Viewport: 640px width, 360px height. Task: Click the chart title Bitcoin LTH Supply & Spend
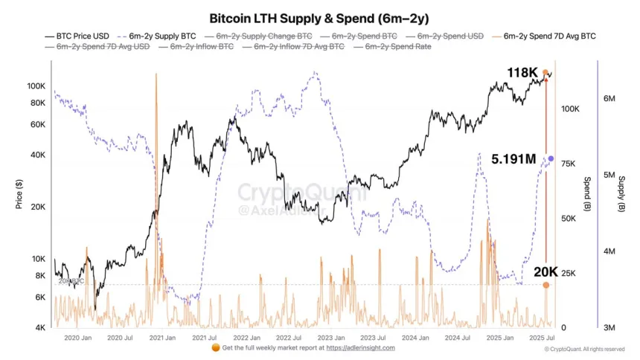click(x=320, y=17)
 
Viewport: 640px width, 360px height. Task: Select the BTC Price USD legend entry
click(x=78, y=35)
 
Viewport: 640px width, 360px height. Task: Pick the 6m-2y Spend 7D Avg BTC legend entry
click(x=549, y=35)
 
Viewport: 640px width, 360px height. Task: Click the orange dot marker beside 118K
click(x=545, y=73)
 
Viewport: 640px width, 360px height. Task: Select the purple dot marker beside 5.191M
click(x=551, y=158)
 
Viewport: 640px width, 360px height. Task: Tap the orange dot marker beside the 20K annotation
click(x=545, y=285)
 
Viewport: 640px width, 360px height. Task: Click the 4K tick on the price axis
click(x=40, y=328)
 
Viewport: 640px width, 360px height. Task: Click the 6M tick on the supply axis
click(x=607, y=99)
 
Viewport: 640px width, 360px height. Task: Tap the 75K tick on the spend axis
click(x=571, y=164)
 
